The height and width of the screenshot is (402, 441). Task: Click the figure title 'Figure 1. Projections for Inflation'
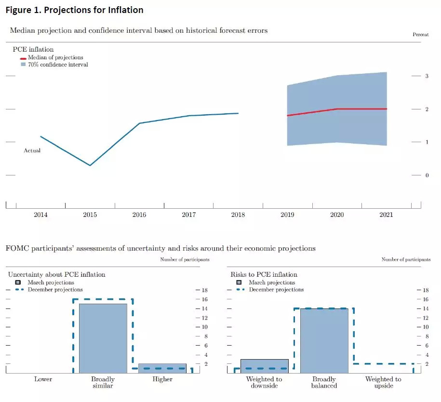(x=74, y=10)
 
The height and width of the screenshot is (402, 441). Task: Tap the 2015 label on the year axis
(x=90, y=214)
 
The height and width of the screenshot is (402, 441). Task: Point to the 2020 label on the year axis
(x=337, y=214)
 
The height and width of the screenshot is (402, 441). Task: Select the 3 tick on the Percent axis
(x=427, y=76)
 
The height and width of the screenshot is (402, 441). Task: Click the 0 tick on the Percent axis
(x=427, y=175)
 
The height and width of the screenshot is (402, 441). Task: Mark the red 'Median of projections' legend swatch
(x=23, y=58)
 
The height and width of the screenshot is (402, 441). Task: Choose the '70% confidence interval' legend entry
(x=54, y=65)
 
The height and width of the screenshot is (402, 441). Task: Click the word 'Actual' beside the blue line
(x=32, y=150)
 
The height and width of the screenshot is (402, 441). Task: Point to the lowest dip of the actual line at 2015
(x=90, y=165)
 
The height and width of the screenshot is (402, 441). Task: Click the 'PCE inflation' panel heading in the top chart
(x=33, y=49)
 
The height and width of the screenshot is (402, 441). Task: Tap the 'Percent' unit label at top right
(x=421, y=35)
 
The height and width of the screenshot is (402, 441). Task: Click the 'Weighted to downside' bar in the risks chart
(x=264, y=366)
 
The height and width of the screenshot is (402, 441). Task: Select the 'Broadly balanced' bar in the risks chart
(x=324, y=340)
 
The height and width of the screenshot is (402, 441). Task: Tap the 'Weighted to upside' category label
(x=383, y=382)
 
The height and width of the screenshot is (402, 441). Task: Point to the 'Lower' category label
(x=43, y=379)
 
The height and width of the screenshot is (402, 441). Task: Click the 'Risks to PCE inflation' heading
(x=264, y=274)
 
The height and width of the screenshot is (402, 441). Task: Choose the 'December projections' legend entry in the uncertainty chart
(x=55, y=290)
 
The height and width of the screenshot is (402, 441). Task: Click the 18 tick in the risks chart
(x=425, y=290)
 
